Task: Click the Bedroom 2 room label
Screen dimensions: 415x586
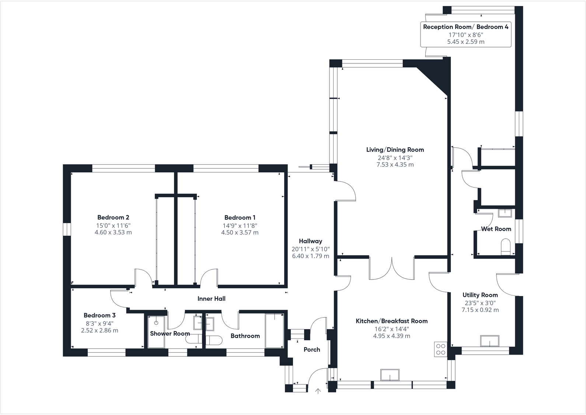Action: (113, 217)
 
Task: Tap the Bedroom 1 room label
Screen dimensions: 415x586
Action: (240, 217)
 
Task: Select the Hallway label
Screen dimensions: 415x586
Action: (310, 241)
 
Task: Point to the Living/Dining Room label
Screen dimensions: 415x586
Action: (395, 150)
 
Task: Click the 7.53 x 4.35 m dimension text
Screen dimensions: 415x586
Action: (395, 165)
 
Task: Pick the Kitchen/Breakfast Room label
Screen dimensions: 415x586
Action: (391, 321)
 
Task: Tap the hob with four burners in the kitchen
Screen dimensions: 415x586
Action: (441, 349)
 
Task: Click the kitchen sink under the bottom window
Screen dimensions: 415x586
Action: (390, 374)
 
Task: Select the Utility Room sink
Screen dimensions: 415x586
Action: (489, 341)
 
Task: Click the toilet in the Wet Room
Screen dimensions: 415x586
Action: (506, 247)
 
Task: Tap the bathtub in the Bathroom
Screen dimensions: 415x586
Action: (274, 330)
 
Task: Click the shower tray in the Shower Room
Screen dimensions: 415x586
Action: (156, 331)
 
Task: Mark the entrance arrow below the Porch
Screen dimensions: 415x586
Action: (318, 391)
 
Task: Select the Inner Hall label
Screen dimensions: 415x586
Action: (211, 299)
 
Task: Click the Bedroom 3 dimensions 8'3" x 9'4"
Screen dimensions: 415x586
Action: (100, 323)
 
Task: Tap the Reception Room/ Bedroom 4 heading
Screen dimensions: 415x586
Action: (465, 27)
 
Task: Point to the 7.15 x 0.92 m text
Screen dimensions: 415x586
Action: (480, 310)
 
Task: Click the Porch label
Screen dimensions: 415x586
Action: (312, 349)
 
